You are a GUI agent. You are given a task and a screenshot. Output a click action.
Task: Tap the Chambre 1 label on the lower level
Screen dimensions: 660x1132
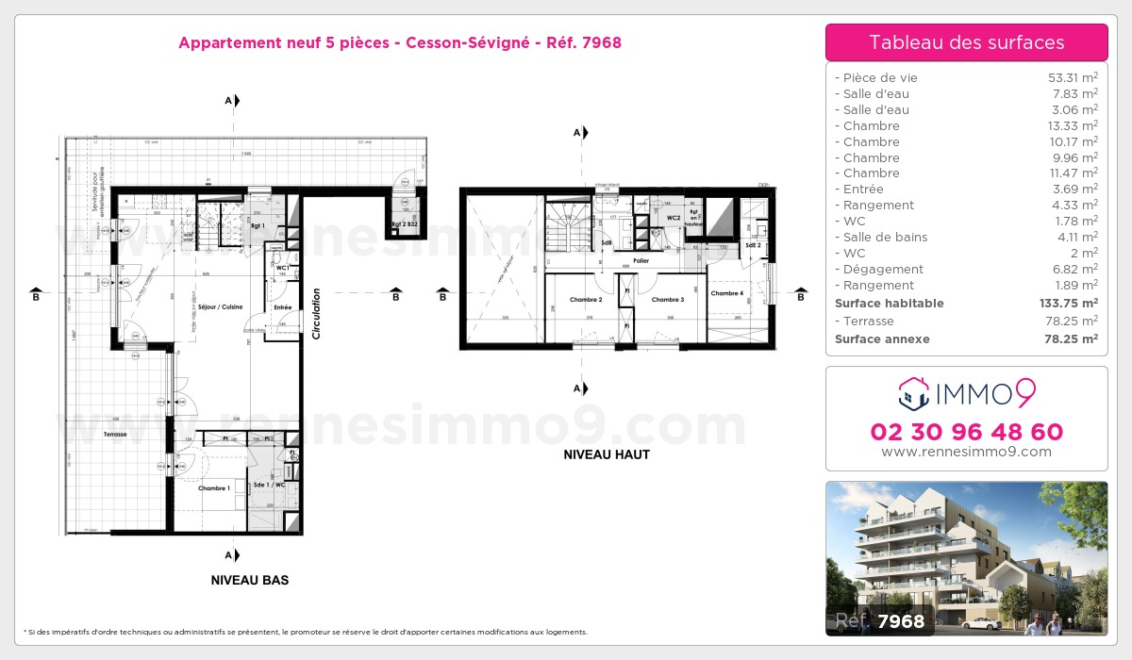click(213, 488)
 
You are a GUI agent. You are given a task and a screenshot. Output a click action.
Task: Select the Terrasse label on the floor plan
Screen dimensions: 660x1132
click(116, 435)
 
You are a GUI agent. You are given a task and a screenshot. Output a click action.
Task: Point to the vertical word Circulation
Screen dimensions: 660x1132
click(317, 314)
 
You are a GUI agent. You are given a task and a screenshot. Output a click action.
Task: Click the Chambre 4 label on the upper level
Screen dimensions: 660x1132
click(726, 293)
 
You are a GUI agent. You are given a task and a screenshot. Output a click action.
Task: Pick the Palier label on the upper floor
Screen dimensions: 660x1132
click(641, 260)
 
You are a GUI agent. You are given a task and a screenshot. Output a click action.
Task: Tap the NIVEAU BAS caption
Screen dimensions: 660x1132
click(250, 581)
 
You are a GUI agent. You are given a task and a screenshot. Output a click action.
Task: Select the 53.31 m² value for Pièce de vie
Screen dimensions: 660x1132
click(1070, 78)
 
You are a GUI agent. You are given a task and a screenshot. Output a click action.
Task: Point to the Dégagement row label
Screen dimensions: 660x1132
click(870, 270)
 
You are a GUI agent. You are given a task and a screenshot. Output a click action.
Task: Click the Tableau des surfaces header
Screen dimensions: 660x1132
click(966, 42)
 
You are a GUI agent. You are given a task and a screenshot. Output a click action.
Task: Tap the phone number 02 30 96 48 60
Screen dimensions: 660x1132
click(966, 432)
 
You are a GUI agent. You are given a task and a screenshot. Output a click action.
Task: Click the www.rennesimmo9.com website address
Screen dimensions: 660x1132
click(966, 452)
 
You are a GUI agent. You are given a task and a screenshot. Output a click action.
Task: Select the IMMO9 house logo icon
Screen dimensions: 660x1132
click(913, 394)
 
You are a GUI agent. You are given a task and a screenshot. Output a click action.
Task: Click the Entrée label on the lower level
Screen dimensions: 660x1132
click(282, 307)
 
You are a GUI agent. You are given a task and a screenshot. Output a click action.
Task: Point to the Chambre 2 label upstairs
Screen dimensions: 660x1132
click(586, 300)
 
